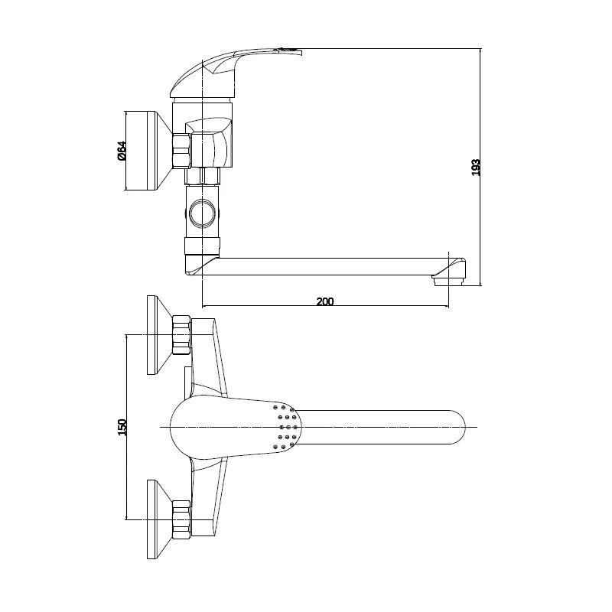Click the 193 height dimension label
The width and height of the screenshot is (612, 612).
[x=476, y=167]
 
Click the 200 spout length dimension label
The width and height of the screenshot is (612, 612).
[x=325, y=301]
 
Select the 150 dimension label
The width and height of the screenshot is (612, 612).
[x=122, y=427]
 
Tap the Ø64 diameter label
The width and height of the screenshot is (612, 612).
[x=122, y=151]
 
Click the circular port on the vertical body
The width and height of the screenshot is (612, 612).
[x=201, y=213]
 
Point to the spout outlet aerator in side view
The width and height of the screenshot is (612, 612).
[x=449, y=281]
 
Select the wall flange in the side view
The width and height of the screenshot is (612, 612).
[x=148, y=151]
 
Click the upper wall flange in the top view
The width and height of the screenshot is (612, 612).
[x=159, y=335]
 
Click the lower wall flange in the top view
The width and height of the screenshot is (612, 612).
[x=159, y=519]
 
